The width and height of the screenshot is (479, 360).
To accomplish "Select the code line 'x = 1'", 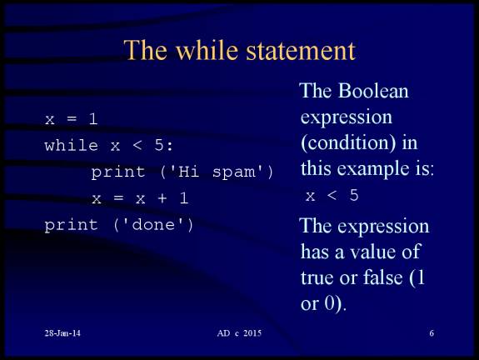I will pos(71,119).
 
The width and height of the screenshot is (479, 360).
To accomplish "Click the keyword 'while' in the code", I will pos(71,146).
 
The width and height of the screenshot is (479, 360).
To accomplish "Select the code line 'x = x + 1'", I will pos(140,199).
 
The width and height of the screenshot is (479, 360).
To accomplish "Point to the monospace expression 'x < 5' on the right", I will pos(332,196).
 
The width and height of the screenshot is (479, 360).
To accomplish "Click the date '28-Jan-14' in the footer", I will pos(62,333).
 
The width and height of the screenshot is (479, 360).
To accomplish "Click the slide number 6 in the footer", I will pos(432,333).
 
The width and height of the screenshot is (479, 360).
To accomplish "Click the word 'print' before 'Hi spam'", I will pos(111,172).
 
